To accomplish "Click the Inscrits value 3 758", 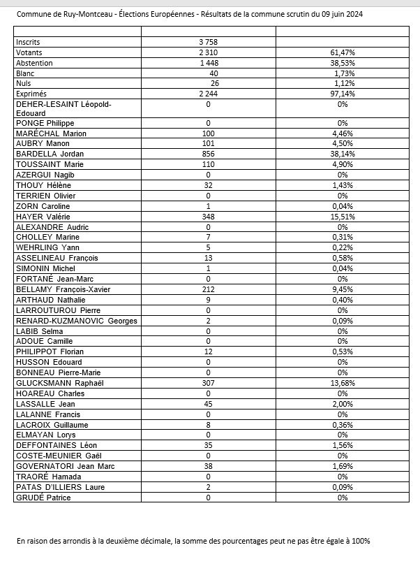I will [208, 42].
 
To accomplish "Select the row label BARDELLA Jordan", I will [46, 154].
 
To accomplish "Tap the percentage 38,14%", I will [343, 154].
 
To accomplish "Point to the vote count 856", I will [208, 154].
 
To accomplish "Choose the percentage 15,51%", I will [343, 217].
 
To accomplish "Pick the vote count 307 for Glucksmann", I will [208, 383].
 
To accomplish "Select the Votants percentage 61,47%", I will [343, 52].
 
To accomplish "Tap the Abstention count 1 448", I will [208, 63].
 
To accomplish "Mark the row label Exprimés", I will [31, 94].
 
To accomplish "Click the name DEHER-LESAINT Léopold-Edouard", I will [63, 108].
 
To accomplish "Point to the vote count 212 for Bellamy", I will [208, 289].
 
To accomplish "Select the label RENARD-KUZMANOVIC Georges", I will [67, 321].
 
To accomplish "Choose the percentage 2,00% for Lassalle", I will [343, 404].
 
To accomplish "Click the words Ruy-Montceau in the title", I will [79, 14].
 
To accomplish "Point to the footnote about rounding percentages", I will [193, 542].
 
